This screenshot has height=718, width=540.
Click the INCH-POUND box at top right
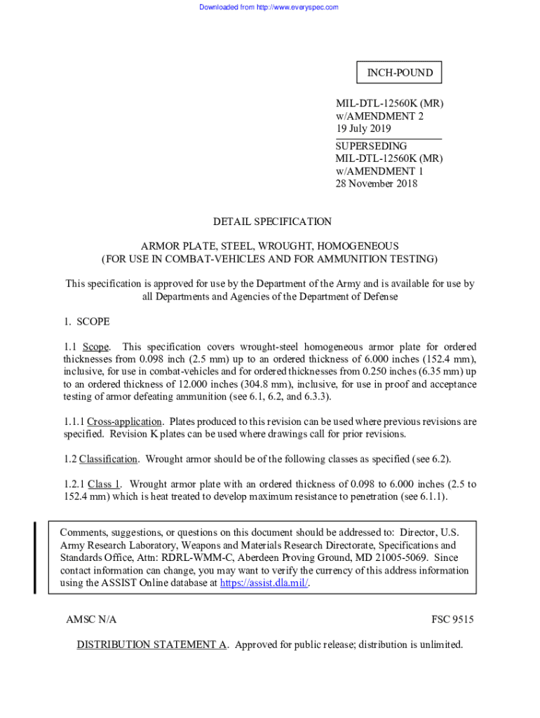(x=399, y=73)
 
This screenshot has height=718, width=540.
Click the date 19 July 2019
(x=363, y=129)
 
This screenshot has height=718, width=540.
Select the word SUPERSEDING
(x=370, y=146)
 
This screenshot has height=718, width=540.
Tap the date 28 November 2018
(x=377, y=184)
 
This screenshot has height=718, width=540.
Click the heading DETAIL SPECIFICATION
(x=272, y=222)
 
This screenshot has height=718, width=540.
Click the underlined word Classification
(x=108, y=459)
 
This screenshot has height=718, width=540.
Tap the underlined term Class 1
(x=104, y=484)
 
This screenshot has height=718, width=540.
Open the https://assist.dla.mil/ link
(x=264, y=583)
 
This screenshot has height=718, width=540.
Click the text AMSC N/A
(x=91, y=620)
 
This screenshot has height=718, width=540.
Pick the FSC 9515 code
(x=452, y=620)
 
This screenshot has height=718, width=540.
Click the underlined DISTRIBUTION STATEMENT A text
(x=151, y=644)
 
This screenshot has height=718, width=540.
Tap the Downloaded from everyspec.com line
(x=269, y=7)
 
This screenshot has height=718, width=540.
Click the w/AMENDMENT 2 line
(x=379, y=116)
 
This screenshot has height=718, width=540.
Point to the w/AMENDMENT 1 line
(x=379, y=171)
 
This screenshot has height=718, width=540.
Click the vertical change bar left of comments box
(x=34, y=557)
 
